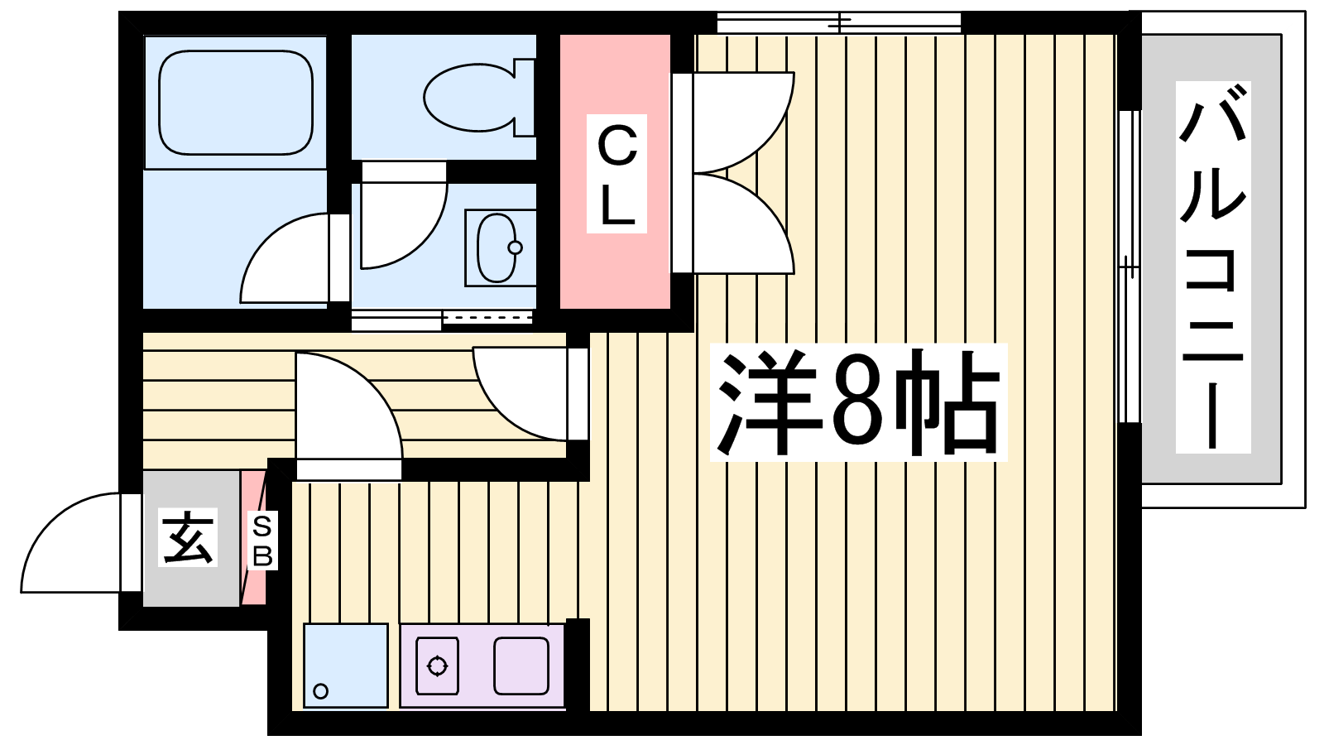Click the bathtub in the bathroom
point(236,103)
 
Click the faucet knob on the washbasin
point(515,248)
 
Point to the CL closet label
point(616,174)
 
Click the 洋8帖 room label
point(858,402)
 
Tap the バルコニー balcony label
point(1213,267)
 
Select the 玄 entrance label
point(188,537)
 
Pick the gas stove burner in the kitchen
point(438,666)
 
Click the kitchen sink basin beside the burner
point(521,666)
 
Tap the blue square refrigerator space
point(346,666)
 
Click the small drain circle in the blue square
point(321,690)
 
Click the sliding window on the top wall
point(839,23)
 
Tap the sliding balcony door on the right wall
point(1130,267)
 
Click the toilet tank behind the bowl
point(525,98)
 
